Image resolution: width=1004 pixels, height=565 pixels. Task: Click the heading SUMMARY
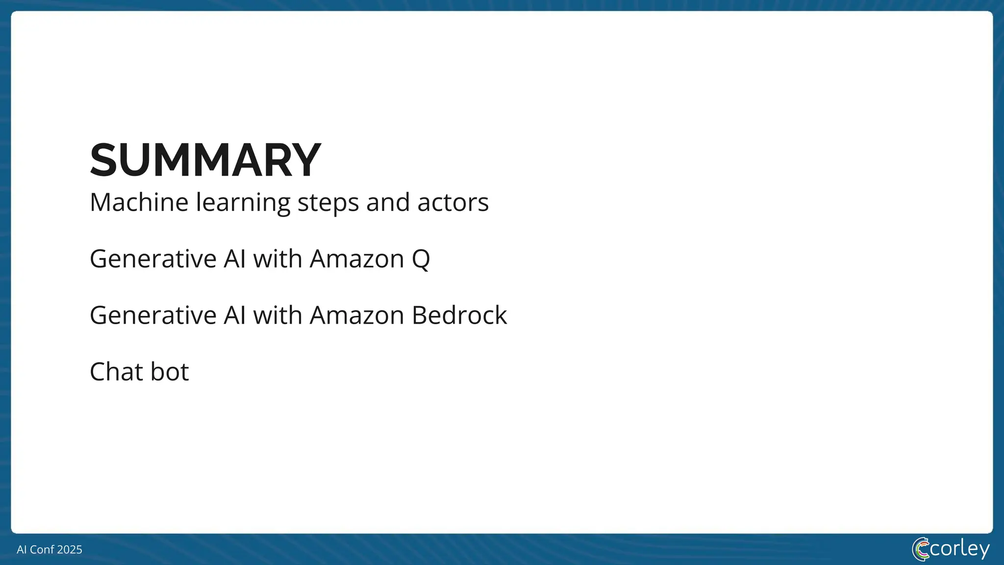click(205, 160)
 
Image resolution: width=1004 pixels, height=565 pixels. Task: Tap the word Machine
click(139, 202)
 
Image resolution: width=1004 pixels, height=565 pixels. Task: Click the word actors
click(452, 202)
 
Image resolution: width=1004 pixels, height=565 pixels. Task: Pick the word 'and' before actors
click(388, 202)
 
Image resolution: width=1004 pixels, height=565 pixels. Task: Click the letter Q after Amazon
click(421, 259)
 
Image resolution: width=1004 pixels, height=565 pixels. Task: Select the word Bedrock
click(459, 315)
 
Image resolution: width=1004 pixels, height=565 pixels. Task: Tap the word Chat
click(116, 372)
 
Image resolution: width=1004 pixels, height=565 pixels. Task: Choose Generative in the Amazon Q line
click(153, 258)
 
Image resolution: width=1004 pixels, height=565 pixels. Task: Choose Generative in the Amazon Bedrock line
click(153, 315)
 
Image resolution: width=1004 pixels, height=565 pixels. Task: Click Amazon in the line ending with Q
click(356, 258)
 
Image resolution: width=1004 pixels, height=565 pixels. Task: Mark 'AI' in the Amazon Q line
click(234, 258)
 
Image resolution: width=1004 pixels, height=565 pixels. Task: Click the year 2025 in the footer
click(70, 549)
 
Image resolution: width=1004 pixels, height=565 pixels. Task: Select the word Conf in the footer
click(42, 549)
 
